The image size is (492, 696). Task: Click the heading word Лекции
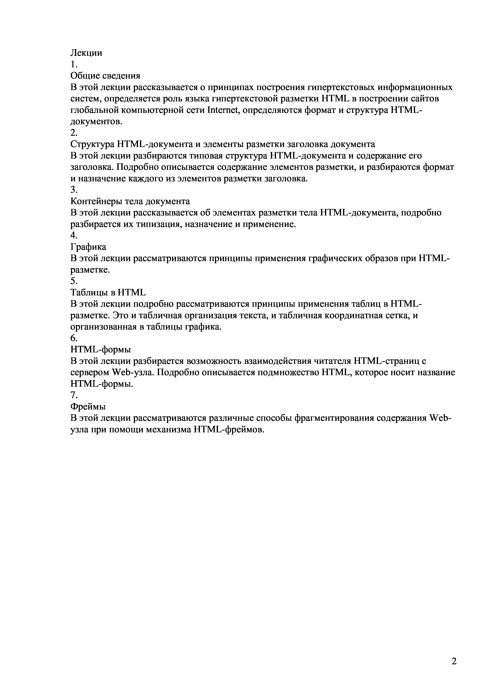(x=86, y=53)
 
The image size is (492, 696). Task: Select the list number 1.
(x=74, y=64)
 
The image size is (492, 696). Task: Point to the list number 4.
(x=74, y=235)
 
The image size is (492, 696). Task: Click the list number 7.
(x=74, y=395)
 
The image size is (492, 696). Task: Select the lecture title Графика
(x=88, y=247)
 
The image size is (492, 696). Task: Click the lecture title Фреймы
(x=88, y=406)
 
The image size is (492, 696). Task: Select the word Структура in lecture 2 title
(x=92, y=144)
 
